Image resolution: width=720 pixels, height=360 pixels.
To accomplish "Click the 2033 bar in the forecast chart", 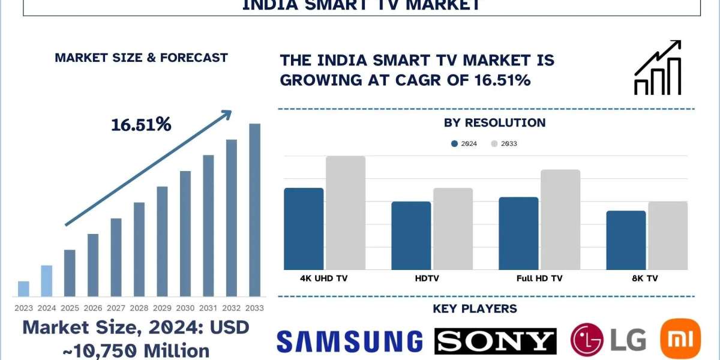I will (x=255, y=210).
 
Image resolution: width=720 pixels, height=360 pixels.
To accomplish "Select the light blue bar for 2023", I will (x=23, y=289).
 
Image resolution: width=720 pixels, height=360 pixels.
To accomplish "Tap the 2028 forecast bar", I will (x=139, y=250).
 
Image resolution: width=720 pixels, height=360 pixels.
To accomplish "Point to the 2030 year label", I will (x=185, y=308).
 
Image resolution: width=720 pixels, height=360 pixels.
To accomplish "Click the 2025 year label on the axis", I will (x=70, y=308).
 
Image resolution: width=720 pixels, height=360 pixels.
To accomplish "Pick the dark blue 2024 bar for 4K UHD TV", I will (x=304, y=229).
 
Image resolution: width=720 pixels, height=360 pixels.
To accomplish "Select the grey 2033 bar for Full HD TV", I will (x=560, y=220).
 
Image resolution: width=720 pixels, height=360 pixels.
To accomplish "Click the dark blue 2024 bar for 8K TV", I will (x=626, y=240).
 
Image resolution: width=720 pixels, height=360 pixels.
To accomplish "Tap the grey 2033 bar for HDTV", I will (x=453, y=229).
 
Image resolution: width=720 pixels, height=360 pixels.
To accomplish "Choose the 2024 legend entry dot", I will (x=454, y=144).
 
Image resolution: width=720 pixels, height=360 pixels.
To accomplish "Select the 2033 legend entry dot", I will (x=494, y=144).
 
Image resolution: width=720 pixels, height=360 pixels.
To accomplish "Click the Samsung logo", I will (x=349, y=341).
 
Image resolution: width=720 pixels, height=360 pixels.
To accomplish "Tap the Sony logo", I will (x=496, y=341).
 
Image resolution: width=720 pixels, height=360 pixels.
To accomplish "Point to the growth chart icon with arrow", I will (x=658, y=67).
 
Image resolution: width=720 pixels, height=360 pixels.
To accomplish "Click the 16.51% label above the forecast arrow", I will (x=141, y=125).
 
